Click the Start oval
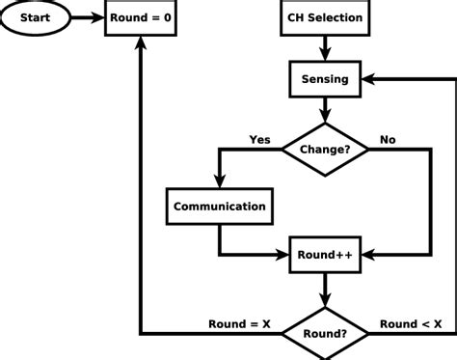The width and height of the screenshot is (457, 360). (x=38, y=17)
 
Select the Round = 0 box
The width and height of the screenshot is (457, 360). (x=142, y=17)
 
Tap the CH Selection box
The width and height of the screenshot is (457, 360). (x=326, y=17)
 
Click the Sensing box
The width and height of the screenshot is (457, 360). (x=326, y=79)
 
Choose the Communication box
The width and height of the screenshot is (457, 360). (x=219, y=206)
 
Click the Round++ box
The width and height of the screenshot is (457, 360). (x=326, y=257)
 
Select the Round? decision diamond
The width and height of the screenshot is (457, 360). (x=326, y=334)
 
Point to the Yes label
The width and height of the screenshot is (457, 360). (x=259, y=138)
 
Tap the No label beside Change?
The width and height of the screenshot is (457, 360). (x=388, y=138)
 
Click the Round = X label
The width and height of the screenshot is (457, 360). (x=239, y=323)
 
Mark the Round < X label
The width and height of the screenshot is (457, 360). (x=411, y=323)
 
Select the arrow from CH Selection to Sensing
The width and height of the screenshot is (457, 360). (x=326, y=48)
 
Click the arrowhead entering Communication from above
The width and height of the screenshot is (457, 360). (x=219, y=183)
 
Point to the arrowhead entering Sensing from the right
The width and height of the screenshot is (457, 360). (x=370, y=79)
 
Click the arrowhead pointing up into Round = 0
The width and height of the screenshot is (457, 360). (x=142, y=43)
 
